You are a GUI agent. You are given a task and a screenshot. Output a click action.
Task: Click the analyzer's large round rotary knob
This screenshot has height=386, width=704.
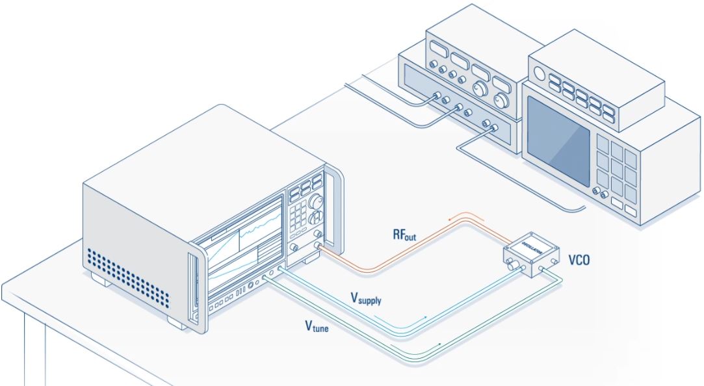tap(317, 201)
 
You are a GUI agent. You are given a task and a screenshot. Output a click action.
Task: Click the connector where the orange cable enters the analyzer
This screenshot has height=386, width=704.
tap(318, 246)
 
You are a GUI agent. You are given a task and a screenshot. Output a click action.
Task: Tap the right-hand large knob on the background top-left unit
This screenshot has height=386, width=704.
tap(501, 101)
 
